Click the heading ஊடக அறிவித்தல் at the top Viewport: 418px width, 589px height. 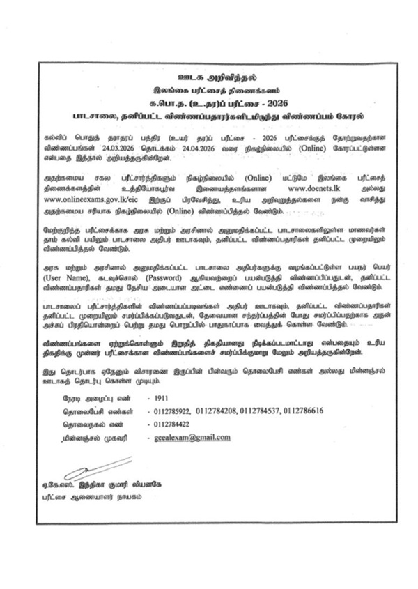click(x=210, y=75)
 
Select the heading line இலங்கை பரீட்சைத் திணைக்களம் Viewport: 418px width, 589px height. click(x=210, y=86)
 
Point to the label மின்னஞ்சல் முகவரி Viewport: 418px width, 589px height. click(x=88, y=438)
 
